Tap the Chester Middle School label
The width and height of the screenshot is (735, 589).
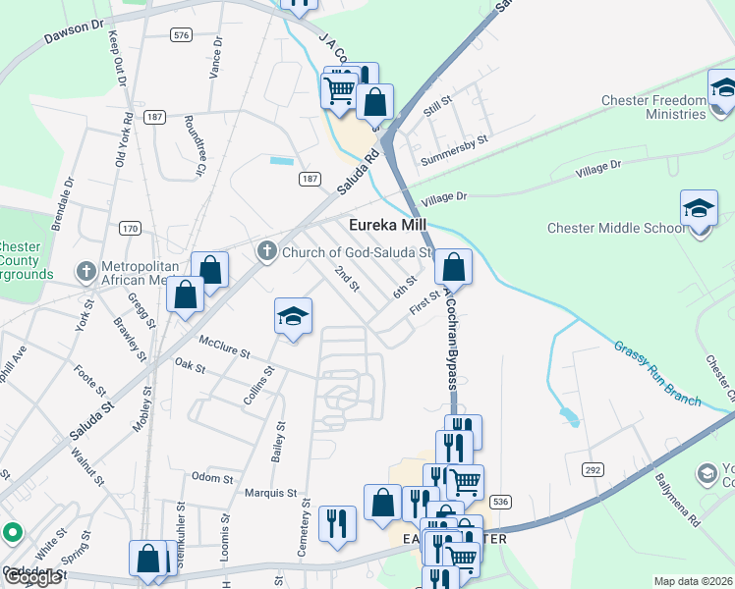[x=616, y=229]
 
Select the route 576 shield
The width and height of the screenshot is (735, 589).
[x=180, y=34]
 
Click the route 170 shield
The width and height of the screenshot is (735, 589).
[x=130, y=228]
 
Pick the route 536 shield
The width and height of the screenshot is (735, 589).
[x=501, y=501]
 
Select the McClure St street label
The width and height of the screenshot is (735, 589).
[x=225, y=345]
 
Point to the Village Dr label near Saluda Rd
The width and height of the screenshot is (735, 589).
[x=444, y=197]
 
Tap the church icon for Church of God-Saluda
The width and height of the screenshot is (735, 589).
[x=266, y=252]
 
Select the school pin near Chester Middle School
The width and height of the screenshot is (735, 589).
[x=699, y=209]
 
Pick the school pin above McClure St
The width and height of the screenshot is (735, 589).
[x=293, y=316]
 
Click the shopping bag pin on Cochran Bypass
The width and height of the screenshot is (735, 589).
[x=454, y=266]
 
